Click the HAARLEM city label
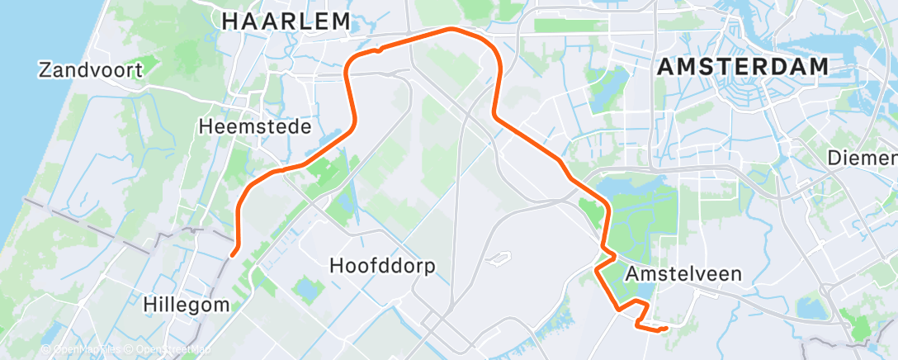tap(286, 21)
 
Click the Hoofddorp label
tap(381, 266)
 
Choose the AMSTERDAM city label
tap(743, 68)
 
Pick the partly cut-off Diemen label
tap(862, 157)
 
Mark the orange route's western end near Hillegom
tap(234, 254)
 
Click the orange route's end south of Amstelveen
tap(665, 329)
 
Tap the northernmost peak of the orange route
tap(451, 30)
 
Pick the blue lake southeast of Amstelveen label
tap(811, 307)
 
